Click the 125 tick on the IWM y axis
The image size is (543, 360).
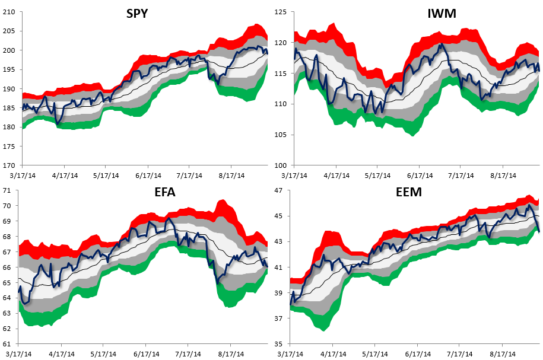[x=281, y=12]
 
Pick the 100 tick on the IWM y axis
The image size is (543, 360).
[x=281, y=165]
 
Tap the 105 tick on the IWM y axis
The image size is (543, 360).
[x=281, y=135]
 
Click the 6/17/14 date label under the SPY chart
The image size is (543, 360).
[x=148, y=176]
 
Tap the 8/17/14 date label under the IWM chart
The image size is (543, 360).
[x=503, y=176]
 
